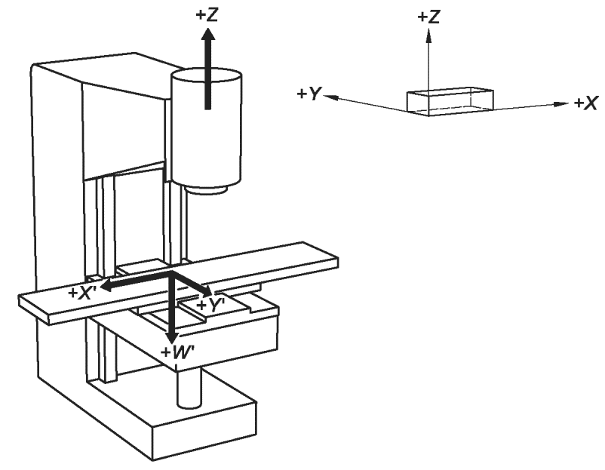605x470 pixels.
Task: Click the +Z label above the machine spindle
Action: pos(207,15)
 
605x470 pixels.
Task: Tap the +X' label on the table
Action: pos(82,293)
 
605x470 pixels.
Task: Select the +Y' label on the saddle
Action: pos(210,305)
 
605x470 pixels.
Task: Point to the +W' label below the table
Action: pos(178,352)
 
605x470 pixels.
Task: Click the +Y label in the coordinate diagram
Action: pos(309,94)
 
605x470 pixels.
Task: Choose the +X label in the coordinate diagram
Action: pos(585,103)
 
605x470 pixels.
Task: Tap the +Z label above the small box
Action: pos(428,17)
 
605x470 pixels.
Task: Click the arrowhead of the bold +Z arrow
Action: pos(208,36)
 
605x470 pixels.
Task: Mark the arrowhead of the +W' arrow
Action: pos(171,336)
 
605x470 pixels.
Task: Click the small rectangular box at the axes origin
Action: pos(450,102)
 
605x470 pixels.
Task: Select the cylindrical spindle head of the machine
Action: pos(207,127)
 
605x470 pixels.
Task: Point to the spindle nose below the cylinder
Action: pos(206,191)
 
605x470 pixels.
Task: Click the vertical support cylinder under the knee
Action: pos(189,388)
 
